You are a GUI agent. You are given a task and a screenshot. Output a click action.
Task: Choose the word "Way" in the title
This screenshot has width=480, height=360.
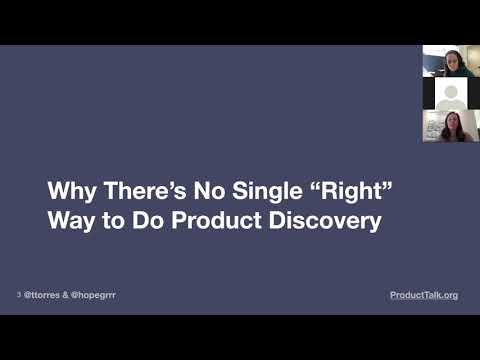pos(70,219)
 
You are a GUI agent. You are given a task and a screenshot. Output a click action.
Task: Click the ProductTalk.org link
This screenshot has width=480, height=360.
pos(424,295)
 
